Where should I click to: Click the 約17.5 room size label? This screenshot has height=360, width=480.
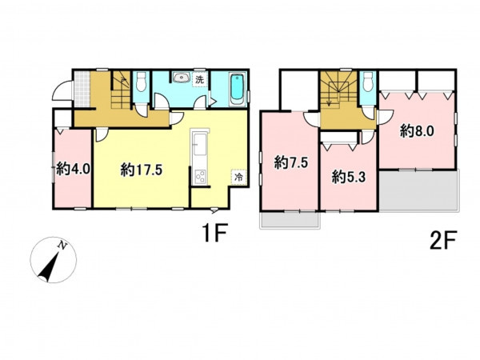coord(141,170)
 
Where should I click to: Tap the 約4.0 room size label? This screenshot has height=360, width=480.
coord(73,169)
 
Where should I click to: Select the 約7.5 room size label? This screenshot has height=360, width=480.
coord(291,162)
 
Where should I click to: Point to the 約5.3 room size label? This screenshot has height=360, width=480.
coord(349,177)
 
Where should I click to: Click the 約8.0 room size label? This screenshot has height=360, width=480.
coord(417,131)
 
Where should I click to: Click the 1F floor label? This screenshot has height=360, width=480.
coord(214,233)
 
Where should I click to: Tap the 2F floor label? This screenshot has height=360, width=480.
coord(443,240)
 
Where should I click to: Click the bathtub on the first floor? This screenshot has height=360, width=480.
coord(238,89)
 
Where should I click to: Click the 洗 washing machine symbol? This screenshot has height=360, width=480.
coord(199,80)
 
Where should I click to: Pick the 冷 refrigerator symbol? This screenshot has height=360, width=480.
coord(238,177)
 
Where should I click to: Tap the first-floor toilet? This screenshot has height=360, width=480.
coord(141,82)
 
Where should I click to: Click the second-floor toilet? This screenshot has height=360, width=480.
coord(368,82)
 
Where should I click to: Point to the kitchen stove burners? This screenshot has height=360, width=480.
coord(201,177)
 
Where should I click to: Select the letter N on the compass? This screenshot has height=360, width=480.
coord(62,245)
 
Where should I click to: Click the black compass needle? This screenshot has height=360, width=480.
coord(49,267)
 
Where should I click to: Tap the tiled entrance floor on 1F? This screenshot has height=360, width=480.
coord(82,89)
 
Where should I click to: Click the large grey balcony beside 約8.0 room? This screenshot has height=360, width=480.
coord(418,190)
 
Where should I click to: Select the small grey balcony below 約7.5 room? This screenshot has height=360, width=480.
coord(290,220)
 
